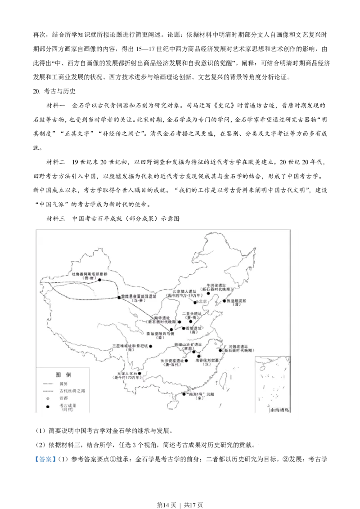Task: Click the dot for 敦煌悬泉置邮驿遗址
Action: (x=119, y=297)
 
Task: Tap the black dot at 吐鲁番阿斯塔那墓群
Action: (x=100, y=280)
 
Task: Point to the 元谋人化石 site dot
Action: (x=139, y=373)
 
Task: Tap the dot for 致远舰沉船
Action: (x=225, y=300)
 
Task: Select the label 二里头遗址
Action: (x=192, y=313)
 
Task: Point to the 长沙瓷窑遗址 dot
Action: (x=186, y=361)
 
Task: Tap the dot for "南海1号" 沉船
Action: (x=184, y=394)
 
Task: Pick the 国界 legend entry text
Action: (x=63, y=383)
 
